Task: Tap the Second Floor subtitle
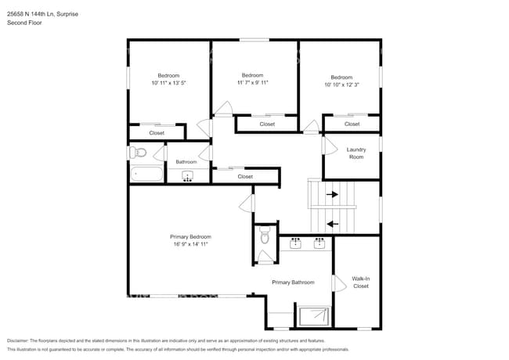24,23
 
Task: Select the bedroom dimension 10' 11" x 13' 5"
169,82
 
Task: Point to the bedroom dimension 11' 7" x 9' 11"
253,82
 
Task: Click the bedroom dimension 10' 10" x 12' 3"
341,85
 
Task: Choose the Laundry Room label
356,153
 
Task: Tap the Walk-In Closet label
360,282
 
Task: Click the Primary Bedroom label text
190,236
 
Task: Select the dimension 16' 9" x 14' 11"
190,244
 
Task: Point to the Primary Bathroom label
293,283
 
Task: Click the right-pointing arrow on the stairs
331,194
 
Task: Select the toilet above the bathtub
137,153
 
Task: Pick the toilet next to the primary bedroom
265,234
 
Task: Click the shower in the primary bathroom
315,315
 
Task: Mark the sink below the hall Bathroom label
188,175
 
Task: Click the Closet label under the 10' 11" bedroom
157,133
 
